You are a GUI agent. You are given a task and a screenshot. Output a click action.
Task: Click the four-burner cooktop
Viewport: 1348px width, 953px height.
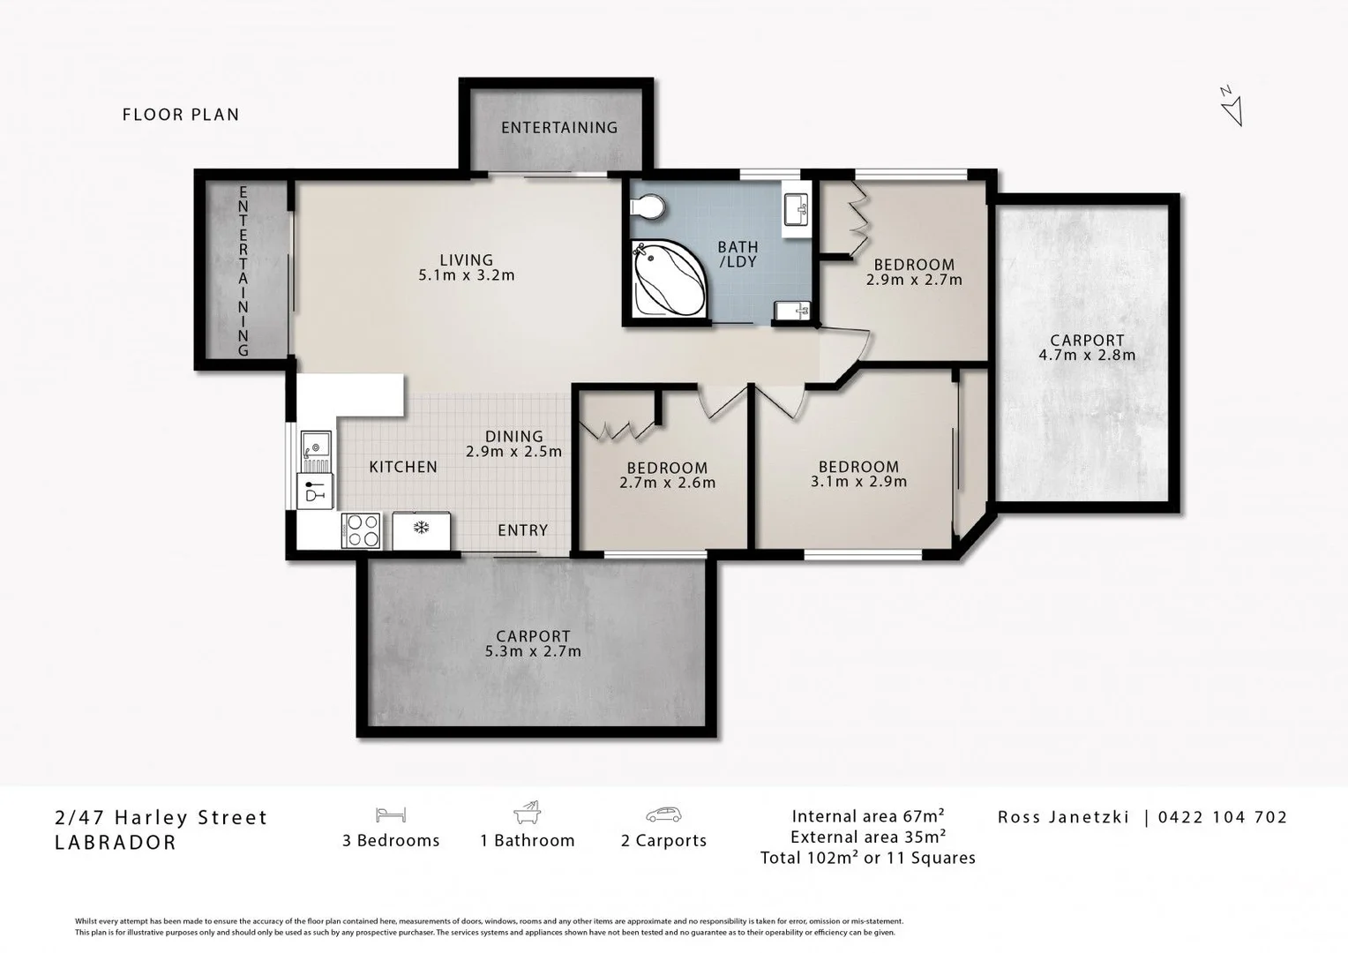click(361, 531)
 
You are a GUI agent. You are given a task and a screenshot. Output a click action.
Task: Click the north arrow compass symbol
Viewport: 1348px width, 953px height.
click(1232, 107)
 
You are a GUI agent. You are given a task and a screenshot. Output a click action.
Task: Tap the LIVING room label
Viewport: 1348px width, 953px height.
click(466, 259)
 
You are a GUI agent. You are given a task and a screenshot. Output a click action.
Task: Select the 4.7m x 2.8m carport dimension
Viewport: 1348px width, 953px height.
click(1086, 356)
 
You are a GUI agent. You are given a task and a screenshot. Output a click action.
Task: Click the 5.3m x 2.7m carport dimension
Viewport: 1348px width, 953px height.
click(533, 652)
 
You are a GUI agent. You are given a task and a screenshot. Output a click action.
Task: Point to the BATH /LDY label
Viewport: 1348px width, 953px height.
click(738, 255)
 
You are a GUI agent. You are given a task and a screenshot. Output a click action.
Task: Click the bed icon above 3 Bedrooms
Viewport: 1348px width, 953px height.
click(390, 814)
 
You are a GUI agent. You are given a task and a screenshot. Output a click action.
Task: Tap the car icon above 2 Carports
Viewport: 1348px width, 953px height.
click(663, 814)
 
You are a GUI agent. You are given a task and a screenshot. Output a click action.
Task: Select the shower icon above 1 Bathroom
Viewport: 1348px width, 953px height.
click(527, 813)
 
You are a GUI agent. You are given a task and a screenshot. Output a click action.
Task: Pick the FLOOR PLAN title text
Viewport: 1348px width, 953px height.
click(181, 115)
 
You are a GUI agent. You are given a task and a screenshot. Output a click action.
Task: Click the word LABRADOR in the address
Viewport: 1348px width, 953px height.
click(116, 843)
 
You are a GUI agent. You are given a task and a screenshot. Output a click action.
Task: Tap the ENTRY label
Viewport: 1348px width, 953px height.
click(522, 530)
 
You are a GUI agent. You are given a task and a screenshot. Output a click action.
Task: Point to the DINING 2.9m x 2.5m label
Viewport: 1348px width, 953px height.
click(513, 444)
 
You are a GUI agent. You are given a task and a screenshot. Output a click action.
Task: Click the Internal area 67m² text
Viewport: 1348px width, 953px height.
click(868, 816)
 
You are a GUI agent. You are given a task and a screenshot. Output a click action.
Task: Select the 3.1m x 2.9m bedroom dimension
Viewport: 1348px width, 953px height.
click(858, 482)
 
